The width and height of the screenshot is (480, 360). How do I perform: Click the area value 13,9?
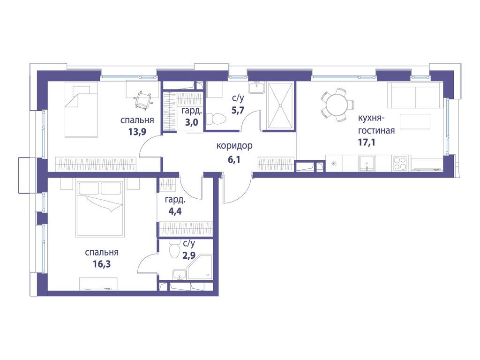tap(137, 132)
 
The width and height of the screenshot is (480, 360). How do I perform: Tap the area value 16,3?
tap(102, 264)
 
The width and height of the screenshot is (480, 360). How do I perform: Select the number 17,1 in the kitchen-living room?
tap(367, 142)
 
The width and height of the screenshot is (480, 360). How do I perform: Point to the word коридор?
tap(234, 146)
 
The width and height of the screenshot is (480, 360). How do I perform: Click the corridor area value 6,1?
tap(233, 159)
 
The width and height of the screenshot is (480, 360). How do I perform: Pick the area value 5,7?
tap(238, 110)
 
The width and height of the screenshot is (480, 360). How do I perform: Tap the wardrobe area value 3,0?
tap(191, 122)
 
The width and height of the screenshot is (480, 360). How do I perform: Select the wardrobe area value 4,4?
tap(175, 211)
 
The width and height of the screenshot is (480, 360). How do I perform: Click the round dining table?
tap(337, 105)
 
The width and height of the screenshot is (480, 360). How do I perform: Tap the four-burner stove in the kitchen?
tap(399, 163)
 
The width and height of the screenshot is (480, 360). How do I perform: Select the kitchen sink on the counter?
tap(367, 163)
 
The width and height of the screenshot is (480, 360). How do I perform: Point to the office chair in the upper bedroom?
tap(142, 99)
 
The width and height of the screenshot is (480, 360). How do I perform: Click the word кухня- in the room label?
tap(371, 118)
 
